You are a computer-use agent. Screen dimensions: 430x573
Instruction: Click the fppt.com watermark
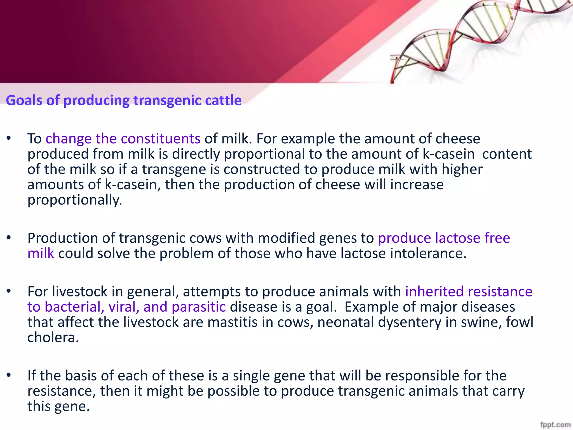(555, 424)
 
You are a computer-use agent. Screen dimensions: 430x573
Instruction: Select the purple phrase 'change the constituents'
(123, 139)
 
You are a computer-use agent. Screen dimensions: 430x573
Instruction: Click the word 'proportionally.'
(75, 200)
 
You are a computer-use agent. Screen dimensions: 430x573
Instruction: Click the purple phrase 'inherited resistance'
(469, 291)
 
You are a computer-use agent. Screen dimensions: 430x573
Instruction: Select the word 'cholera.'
(53, 338)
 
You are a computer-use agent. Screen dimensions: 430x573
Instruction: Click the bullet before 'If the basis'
(9, 375)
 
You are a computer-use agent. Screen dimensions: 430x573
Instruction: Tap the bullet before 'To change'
(9, 138)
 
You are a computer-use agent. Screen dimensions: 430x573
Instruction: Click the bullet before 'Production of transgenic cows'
(9, 238)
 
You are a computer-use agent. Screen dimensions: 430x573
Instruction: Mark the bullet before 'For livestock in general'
(9, 291)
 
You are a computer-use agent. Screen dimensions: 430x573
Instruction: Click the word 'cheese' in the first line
(458, 139)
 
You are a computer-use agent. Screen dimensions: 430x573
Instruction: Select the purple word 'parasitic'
(199, 307)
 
